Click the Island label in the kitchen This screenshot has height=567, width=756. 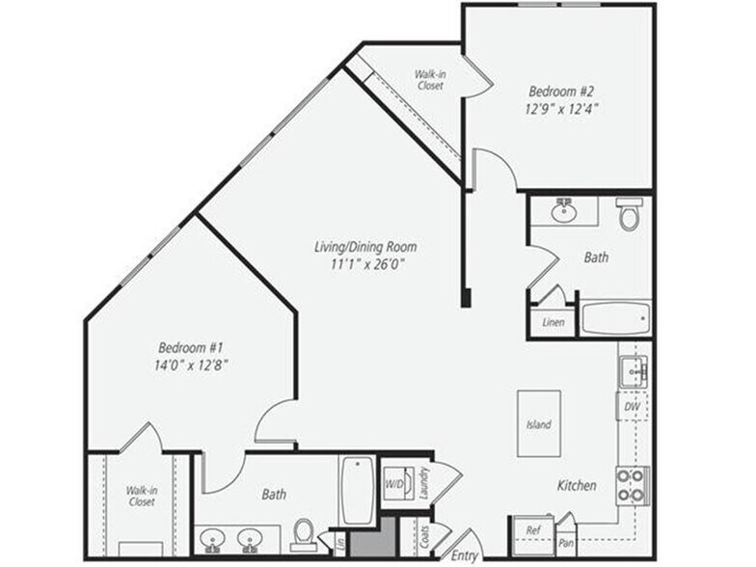pyautogui.click(x=539, y=424)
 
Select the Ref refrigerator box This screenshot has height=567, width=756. pyautogui.click(x=532, y=531)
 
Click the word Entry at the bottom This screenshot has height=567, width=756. pyautogui.click(x=463, y=556)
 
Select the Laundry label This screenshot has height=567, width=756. pyautogui.click(x=424, y=483)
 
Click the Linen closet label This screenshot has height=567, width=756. pyautogui.click(x=553, y=322)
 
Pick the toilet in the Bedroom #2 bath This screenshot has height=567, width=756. pyautogui.click(x=629, y=215)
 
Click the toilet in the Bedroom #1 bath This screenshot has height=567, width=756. pyautogui.click(x=304, y=533)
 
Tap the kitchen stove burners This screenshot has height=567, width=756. pyautogui.click(x=633, y=485)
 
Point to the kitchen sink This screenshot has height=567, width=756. pyautogui.click(x=633, y=370)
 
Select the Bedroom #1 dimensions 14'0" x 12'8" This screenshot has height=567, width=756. pyautogui.click(x=193, y=364)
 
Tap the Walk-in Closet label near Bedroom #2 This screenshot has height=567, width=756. pyautogui.click(x=430, y=79)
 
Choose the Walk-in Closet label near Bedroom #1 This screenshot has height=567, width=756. pyautogui.click(x=141, y=496)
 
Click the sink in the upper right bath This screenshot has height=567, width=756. pyautogui.click(x=563, y=209)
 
